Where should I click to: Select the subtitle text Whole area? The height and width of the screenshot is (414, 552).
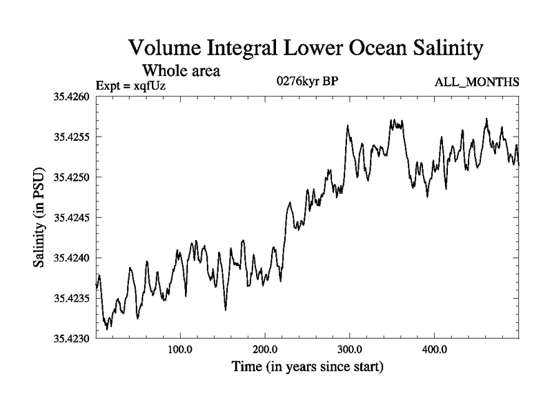(181, 70)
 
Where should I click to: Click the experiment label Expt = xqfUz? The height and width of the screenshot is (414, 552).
(131, 85)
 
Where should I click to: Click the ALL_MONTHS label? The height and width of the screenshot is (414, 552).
(477, 83)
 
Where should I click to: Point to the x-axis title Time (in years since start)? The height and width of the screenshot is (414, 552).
(306, 366)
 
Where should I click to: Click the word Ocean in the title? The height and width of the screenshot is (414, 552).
(365, 48)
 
